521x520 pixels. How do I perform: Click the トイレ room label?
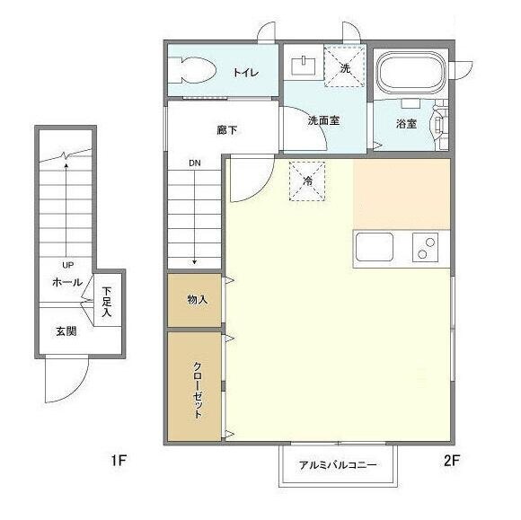(x=245, y=72)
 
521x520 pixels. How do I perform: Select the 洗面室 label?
(x=323, y=119)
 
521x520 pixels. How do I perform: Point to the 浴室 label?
(x=407, y=124)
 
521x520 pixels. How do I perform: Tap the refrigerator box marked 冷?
(x=308, y=181)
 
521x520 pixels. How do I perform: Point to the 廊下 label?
(x=227, y=130)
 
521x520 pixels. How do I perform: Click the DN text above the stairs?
(x=195, y=163)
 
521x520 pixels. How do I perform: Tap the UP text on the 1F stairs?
(x=67, y=266)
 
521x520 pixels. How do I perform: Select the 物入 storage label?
(x=198, y=299)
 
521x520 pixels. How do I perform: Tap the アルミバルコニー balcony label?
(x=338, y=466)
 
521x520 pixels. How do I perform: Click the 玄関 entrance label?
(x=66, y=331)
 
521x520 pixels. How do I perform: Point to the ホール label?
(x=67, y=282)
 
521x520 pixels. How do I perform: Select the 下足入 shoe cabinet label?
(x=107, y=301)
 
